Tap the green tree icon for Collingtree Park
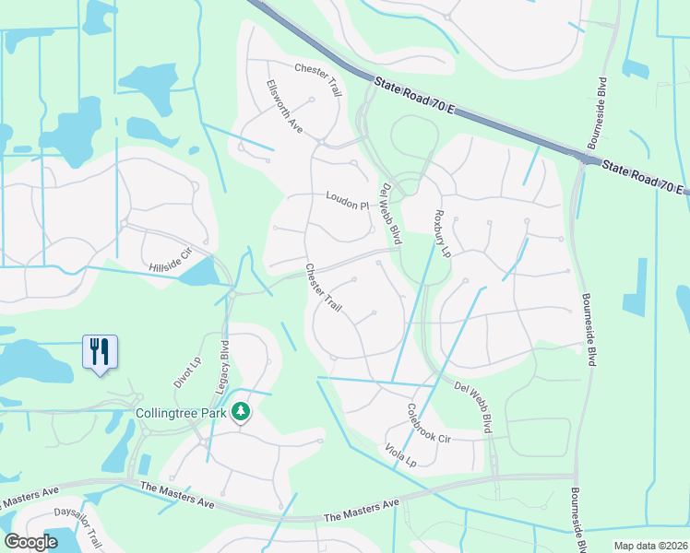241,411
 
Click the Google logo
30,543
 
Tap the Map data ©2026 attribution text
649,546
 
